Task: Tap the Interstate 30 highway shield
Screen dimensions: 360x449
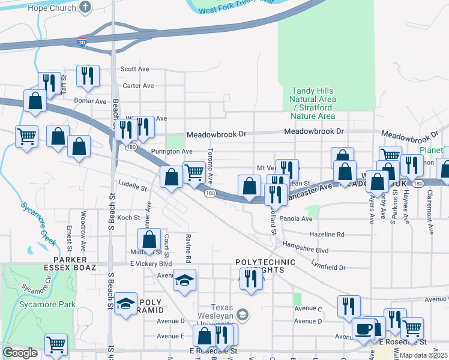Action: coord(82,42)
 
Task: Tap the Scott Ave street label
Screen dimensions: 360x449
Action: coord(134,69)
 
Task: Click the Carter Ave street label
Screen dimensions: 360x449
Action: coord(138,86)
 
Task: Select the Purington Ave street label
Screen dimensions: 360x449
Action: coord(172,152)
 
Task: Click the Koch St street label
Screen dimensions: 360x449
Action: coord(128,218)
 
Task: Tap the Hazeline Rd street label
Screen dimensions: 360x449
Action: coord(327,234)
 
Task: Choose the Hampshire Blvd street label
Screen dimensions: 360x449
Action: coord(306,250)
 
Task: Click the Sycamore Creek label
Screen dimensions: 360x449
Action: coord(38,224)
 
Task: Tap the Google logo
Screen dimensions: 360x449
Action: coord(20,353)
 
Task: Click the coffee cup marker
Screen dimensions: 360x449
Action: coord(364,328)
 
